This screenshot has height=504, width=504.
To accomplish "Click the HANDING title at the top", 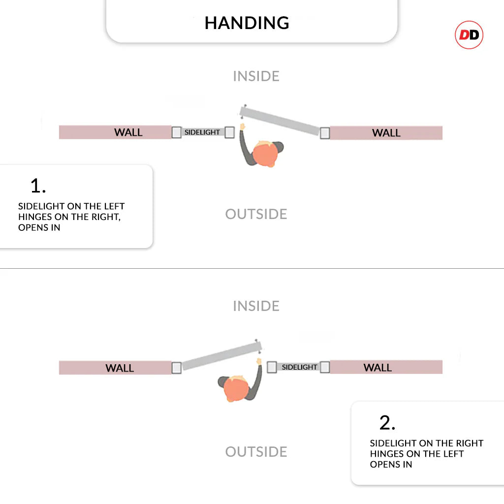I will [x=247, y=23].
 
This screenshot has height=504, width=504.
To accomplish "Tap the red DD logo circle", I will [x=469, y=35].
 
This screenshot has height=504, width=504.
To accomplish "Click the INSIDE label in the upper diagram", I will [x=256, y=76].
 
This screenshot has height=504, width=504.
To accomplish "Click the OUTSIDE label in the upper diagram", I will [x=256, y=214].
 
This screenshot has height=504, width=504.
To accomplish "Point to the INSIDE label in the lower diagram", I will [x=256, y=306].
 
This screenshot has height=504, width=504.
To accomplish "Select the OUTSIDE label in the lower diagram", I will [x=256, y=452].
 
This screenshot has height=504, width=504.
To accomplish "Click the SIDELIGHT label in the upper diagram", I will [x=202, y=132].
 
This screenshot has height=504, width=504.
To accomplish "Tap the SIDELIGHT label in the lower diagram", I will [x=299, y=367].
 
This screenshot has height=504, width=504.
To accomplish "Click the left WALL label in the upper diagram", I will [x=128, y=132].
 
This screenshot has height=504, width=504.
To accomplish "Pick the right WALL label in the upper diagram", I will [x=386, y=133].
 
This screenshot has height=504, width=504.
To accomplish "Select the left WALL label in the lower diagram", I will [x=120, y=368].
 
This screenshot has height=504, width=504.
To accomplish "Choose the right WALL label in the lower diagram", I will [x=378, y=368].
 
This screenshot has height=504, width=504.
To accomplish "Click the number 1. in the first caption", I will [x=38, y=186].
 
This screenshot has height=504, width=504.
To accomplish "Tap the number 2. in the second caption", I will [x=387, y=423].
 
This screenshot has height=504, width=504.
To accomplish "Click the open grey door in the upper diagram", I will [x=281, y=120].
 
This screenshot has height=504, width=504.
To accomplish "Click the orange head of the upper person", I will [x=264, y=154].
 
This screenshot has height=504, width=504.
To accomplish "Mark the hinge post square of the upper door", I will [x=324, y=133].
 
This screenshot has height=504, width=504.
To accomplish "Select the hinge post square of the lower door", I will [x=177, y=368].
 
